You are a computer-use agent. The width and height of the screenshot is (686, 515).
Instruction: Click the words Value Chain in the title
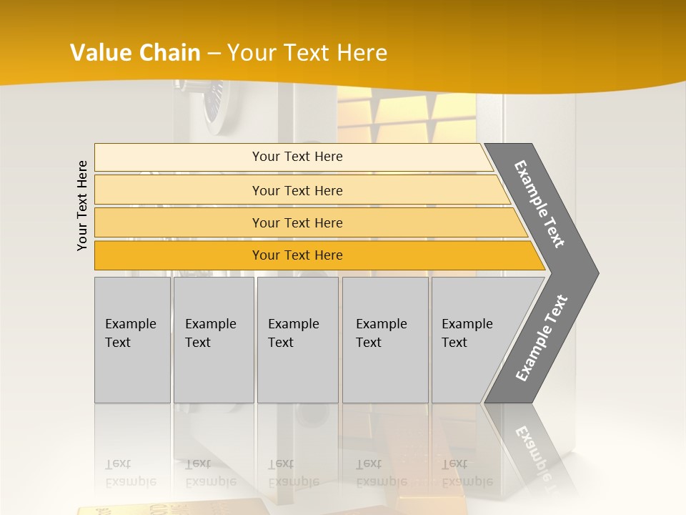[x=135, y=53]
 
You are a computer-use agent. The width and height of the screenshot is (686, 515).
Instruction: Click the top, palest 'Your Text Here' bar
[x=297, y=157]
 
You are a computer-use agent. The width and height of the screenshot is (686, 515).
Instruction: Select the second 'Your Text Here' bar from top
[x=297, y=190]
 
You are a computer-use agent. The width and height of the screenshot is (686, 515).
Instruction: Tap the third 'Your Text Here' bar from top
[x=297, y=222]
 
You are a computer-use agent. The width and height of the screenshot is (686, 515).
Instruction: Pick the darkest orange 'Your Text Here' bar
[x=297, y=255]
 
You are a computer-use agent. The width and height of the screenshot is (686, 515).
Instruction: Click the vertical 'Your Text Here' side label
[x=82, y=205]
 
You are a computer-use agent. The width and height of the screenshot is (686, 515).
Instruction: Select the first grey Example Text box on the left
[x=132, y=339]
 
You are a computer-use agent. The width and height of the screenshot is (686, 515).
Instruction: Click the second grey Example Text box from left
[x=213, y=339]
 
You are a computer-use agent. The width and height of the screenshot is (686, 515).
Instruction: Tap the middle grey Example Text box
[x=297, y=339]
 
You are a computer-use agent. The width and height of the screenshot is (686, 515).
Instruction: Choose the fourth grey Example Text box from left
[x=384, y=339]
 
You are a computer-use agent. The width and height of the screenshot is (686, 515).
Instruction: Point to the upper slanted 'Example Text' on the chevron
[x=540, y=204]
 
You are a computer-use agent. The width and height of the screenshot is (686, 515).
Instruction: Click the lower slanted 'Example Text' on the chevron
[x=541, y=338]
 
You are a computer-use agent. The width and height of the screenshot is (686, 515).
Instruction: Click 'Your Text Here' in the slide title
[x=307, y=53]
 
